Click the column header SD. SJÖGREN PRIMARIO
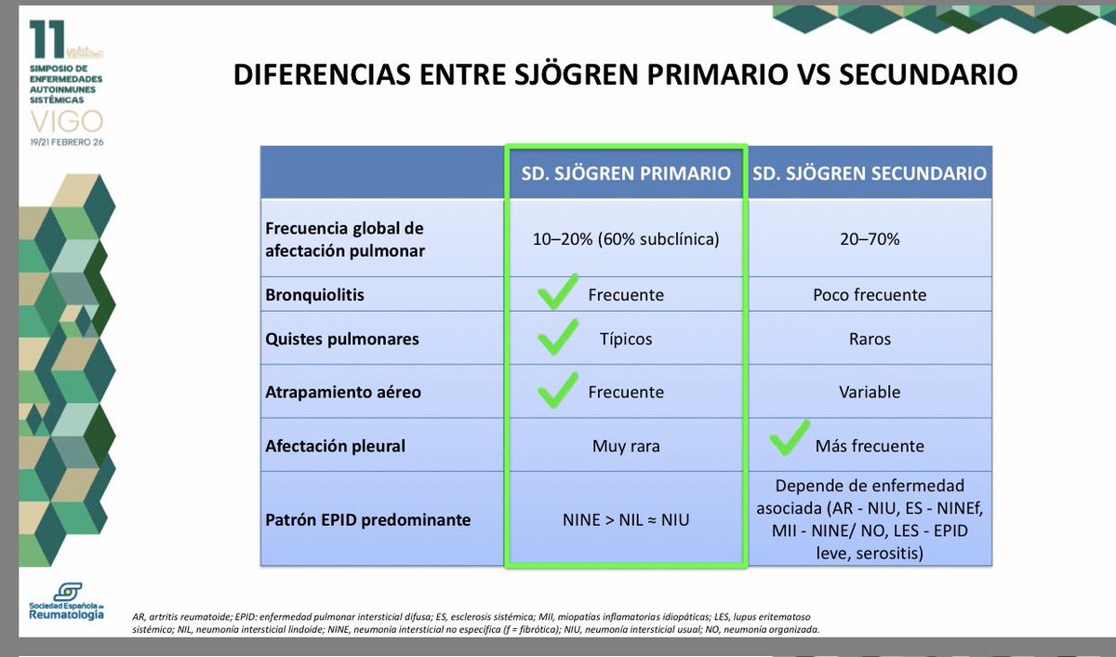(625, 174)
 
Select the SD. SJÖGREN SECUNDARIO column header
(869, 174)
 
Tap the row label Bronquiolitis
(314, 295)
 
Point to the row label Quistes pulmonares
(341, 339)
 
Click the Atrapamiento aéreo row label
(343, 392)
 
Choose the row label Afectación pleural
(335, 446)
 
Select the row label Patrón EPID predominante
(367, 519)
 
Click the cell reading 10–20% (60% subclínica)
(625, 239)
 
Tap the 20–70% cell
(870, 239)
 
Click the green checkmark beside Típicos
(558, 339)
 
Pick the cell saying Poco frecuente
(870, 295)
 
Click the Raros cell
(870, 339)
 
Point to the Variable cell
(870, 392)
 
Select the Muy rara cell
(625, 446)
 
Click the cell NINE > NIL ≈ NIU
(625, 519)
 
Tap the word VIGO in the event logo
(66, 120)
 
